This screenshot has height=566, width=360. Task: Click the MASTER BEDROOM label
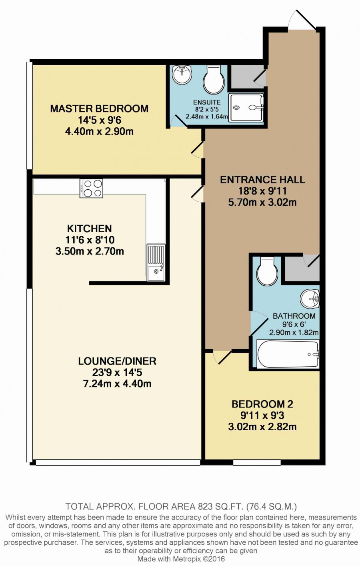(99, 108)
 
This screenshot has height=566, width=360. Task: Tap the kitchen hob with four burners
(91, 188)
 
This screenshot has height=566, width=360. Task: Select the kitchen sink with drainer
(156, 262)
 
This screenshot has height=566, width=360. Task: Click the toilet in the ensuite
(214, 79)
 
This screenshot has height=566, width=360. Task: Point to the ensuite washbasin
(182, 74)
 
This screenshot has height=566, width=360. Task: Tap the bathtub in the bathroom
(288, 354)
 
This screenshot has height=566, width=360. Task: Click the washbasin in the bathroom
(310, 299)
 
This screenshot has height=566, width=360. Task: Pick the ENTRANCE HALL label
(262, 180)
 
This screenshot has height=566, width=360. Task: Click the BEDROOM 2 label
(262, 404)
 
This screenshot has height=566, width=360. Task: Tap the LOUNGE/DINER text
(117, 361)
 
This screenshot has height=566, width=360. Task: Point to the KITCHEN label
(89, 229)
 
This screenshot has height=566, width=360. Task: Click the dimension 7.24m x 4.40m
(117, 384)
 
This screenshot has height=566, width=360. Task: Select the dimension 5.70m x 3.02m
(262, 203)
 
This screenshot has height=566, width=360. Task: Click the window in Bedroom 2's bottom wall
(257, 463)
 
